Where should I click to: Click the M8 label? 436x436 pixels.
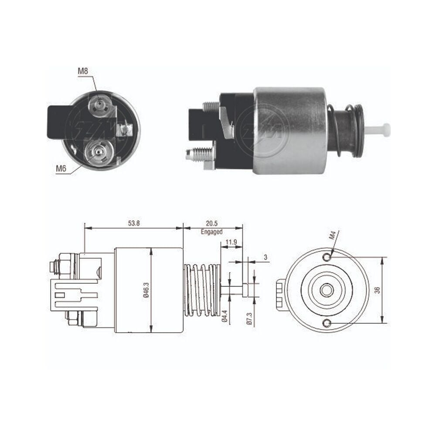click(x=82, y=71)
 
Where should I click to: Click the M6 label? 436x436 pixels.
click(x=61, y=168)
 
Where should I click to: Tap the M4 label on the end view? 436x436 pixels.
click(x=333, y=235)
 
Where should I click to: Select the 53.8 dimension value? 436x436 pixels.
click(x=134, y=223)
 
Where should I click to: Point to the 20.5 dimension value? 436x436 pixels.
click(x=211, y=223)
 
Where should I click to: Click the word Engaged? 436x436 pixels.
click(x=211, y=232)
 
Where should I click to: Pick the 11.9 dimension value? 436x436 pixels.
click(x=231, y=242)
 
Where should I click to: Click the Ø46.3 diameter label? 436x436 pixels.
click(x=146, y=290)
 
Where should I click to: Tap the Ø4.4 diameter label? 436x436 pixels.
click(x=225, y=316)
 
